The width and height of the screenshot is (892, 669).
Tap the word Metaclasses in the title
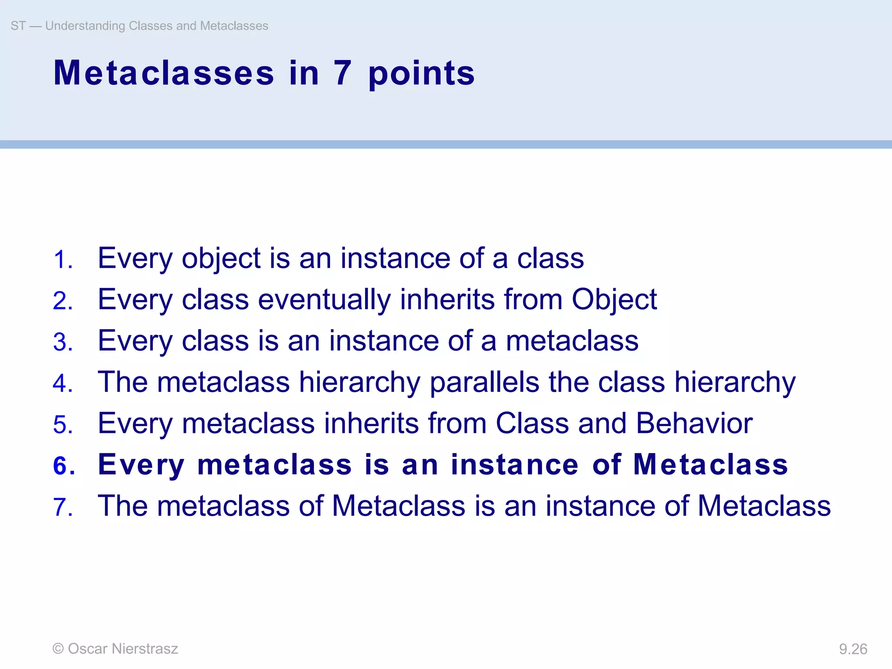pos(164,73)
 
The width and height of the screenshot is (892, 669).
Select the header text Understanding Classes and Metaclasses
pos(156,26)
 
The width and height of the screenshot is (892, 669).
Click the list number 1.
pos(62,260)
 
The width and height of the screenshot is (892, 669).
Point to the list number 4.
pos(62,384)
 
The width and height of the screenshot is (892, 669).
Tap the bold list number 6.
pos(63,466)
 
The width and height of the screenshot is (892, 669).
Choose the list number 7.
pos(62,507)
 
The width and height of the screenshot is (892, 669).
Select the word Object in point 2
pos(614,301)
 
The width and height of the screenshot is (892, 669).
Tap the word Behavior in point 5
pos(694,423)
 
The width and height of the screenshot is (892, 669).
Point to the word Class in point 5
pos(532,423)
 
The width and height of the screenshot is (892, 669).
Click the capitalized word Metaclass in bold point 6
pos(710,464)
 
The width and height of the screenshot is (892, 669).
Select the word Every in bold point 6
pos(141,465)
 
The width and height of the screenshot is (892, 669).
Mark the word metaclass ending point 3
pos(572,341)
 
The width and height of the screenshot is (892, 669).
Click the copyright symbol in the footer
pos(58,649)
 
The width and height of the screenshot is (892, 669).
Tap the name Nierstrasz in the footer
pos(145,649)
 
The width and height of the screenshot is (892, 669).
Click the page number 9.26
pos(853,649)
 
